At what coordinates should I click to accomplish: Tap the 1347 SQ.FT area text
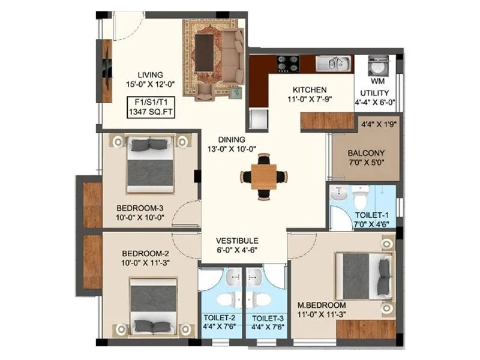point(151,111)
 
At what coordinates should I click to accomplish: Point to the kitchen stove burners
point(287,62)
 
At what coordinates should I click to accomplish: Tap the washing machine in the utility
point(378,64)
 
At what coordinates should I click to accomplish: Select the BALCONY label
point(365,153)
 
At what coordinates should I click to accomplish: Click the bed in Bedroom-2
point(154,307)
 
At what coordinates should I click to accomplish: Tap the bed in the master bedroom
point(360,275)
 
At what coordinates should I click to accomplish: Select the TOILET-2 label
point(221,318)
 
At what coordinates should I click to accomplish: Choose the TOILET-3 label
point(268,318)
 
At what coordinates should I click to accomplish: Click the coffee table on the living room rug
point(206,53)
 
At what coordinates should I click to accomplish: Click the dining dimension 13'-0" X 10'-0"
point(232,149)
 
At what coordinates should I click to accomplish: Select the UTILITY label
point(374,93)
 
